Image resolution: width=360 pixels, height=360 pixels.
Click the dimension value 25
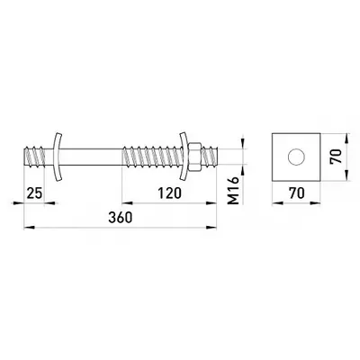tap(34, 193)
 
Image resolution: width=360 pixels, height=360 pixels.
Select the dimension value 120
tap(170, 193)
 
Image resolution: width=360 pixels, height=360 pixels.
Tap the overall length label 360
tap(121, 218)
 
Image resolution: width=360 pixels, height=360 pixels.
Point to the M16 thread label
tap(234, 190)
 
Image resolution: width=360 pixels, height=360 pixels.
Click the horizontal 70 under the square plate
tap(297, 193)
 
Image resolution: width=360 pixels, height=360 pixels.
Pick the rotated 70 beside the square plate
tap(336, 156)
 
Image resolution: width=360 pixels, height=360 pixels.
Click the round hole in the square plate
tap(296, 157)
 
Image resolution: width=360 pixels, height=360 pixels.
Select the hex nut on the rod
tap(194, 157)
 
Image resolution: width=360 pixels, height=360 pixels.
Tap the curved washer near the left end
tap(57, 157)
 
